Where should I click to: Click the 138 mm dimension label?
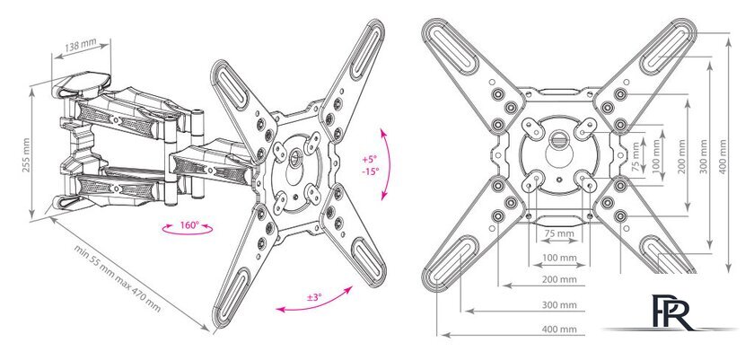pos(81,47)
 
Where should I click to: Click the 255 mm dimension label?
pos(26,155)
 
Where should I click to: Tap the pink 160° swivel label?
pos(189,224)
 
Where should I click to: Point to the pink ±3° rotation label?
pos(314,297)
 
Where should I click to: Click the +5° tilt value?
pos(370,158)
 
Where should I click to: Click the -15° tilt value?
pos(370,171)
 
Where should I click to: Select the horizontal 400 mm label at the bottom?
pos(558,329)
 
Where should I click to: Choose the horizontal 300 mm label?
pos(558,304)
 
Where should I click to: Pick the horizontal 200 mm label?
pos(558,279)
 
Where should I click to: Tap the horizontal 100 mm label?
pos(558,258)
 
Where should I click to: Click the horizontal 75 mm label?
pos(558,233)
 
